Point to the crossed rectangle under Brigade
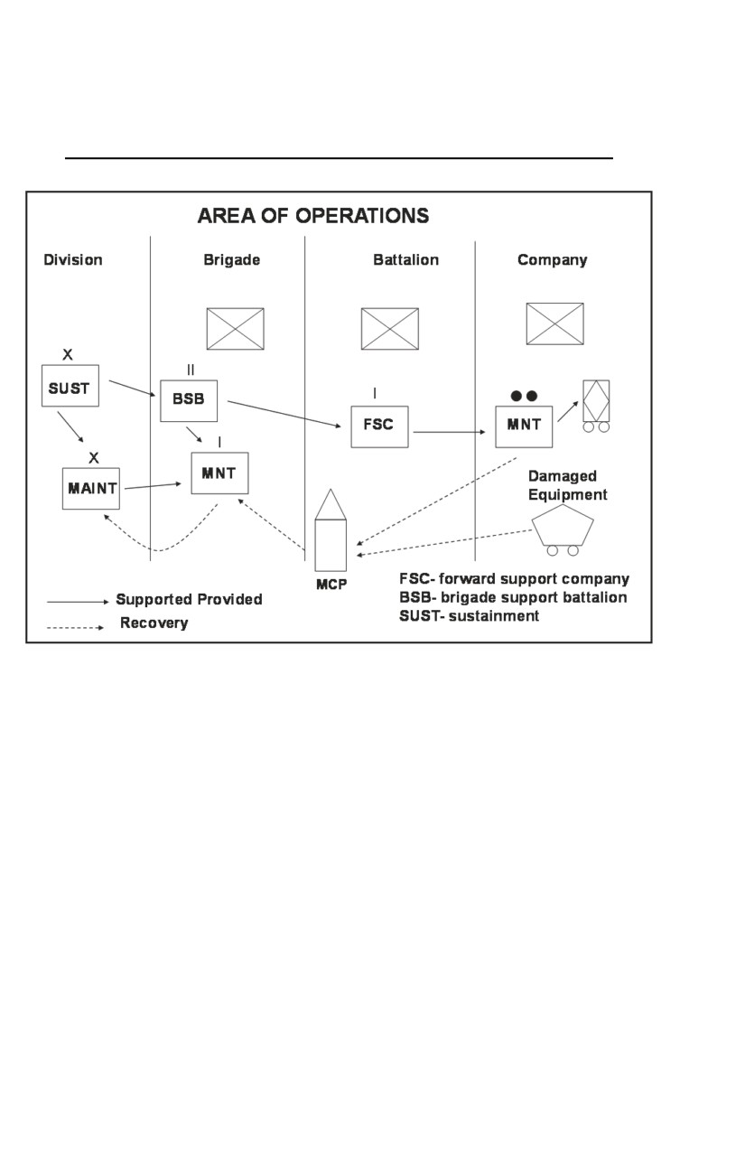236,329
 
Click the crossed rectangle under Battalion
390,329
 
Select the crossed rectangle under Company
554,324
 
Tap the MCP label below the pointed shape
331,585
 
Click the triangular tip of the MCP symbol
331,490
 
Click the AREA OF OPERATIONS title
313,216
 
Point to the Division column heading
73,259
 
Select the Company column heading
552,260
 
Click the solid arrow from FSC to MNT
450,432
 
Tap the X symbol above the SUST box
68,354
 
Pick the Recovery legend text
154,623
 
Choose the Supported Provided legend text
190,600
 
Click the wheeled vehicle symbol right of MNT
596,406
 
